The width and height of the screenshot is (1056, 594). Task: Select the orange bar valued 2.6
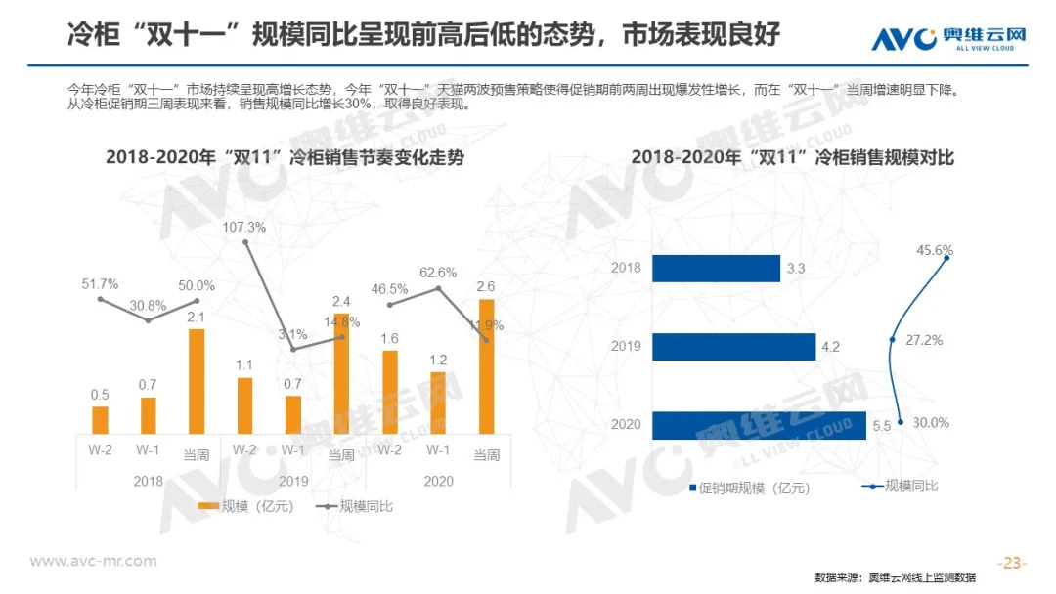point(486,366)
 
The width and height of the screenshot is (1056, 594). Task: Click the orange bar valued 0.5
point(101,419)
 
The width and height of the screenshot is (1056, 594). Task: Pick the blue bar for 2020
point(758,425)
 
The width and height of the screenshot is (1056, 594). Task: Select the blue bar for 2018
point(715,268)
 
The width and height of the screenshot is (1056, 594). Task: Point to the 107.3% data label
point(244,226)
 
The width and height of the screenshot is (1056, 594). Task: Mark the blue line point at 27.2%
point(892,340)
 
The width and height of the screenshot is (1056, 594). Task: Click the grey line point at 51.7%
point(101,299)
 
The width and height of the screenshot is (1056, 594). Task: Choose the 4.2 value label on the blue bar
point(831,347)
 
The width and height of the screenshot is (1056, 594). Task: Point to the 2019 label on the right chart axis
point(626,346)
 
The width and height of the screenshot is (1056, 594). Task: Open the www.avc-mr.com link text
point(94,561)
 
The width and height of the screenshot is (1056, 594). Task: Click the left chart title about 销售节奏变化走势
point(285,158)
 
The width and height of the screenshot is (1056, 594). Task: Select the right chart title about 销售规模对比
point(792,158)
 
